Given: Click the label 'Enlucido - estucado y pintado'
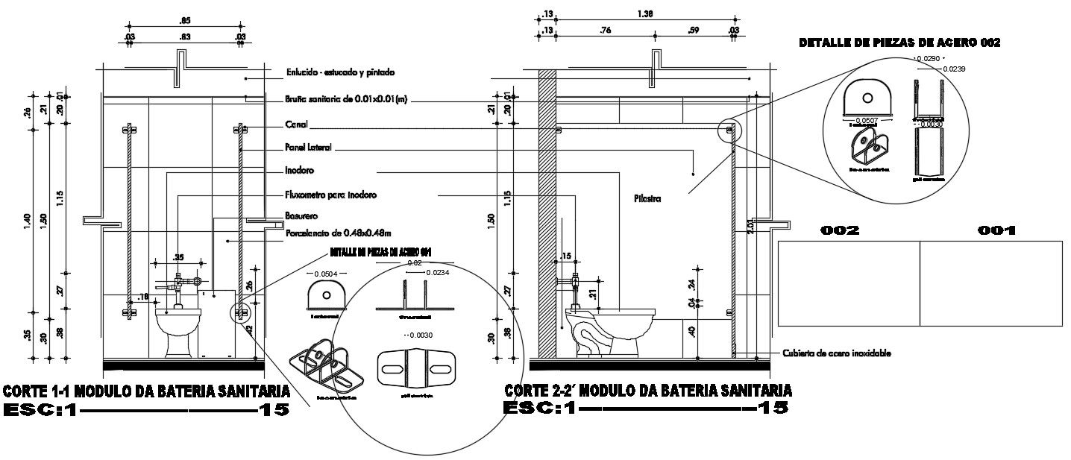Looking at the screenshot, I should tap(340, 73).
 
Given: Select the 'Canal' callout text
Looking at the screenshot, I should tap(296, 125).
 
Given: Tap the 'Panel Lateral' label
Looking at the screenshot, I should tap(308, 148).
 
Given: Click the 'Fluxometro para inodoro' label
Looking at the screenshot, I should tap(330, 195).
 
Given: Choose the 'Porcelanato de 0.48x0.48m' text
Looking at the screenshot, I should tap(339, 233).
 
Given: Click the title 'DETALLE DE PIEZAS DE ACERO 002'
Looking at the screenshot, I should tap(899, 43).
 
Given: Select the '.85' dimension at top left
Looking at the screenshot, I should tap(184, 20).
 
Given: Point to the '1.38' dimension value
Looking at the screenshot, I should tap(645, 14).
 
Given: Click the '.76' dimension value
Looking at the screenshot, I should tap(605, 31).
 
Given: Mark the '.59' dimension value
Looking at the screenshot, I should tap(694, 31).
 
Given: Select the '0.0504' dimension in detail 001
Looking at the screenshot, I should tap(325, 274).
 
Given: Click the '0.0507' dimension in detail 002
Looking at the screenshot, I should tap(866, 120).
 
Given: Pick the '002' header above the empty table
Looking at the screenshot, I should tap(840, 231).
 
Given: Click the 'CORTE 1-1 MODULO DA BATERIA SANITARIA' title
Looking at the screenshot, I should tap(147, 391).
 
